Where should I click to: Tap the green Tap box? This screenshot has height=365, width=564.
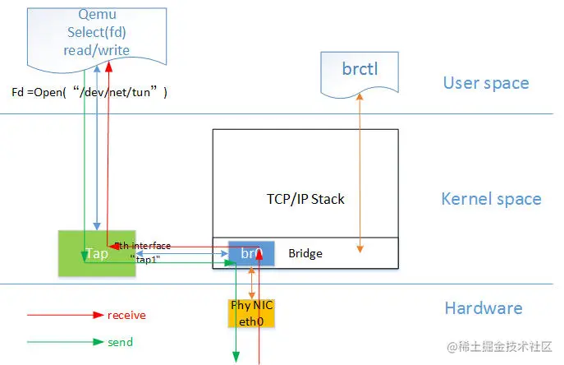pyautogui.click(x=97, y=252)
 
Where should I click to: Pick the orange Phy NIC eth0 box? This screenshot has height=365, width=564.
pyautogui.click(x=251, y=312)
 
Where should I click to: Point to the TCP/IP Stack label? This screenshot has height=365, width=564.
pyautogui.click(x=305, y=198)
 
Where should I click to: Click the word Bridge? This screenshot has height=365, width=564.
pyautogui.click(x=305, y=254)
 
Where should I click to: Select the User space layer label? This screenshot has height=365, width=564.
pyautogui.click(x=485, y=83)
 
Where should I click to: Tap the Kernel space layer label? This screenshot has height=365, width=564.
pyautogui.click(x=490, y=199)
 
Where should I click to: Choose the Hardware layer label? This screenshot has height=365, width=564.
pyautogui.click(x=483, y=308)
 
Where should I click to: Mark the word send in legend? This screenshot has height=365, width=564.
pyautogui.click(x=120, y=342)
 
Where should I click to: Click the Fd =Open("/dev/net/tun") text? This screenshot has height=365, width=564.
pyautogui.click(x=89, y=93)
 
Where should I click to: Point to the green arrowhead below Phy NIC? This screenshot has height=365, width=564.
pyautogui.click(x=236, y=356)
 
